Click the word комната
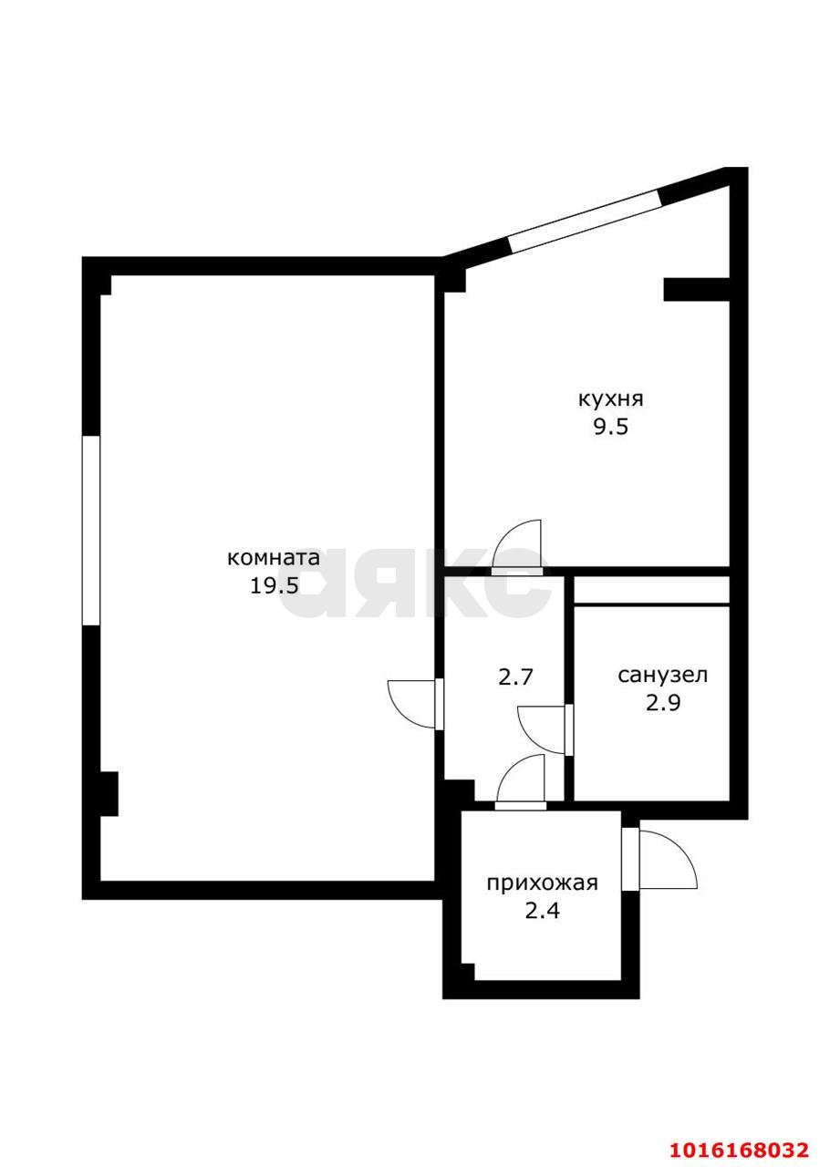[x=273, y=557]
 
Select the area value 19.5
[x=275, y=585]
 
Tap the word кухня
[x=610, y=399]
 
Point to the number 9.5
[x=610, y=428]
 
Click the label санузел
[x=662, y=676]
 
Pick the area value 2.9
[x=663, y=703]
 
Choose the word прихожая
[x=542, y=883]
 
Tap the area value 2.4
[x=542, y=911]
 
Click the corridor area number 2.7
[x=515, y=676]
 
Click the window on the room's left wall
[x=90, y=530]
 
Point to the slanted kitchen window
[x=584, y=219]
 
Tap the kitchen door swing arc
[x=517, y=546]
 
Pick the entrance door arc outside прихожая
[x=669, y=859]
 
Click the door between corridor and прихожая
[x=521, y=781]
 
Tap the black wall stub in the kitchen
[x=695, y=288]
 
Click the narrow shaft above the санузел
[x=651, y=590]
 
